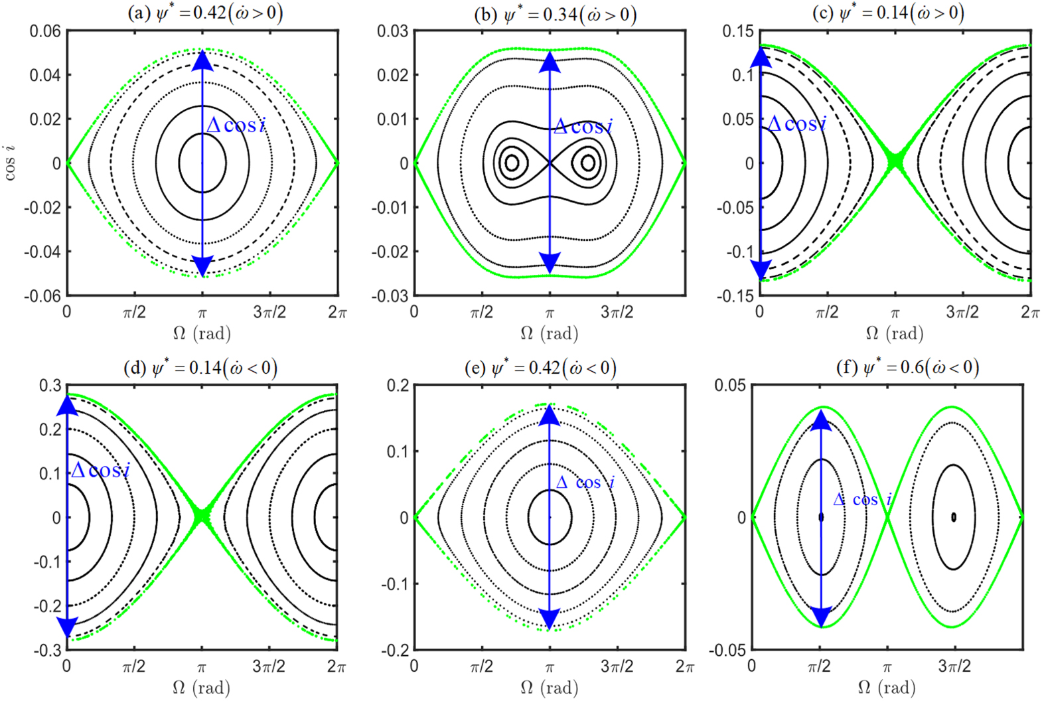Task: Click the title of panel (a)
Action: coord(204,13)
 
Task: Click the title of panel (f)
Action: coord(907,367)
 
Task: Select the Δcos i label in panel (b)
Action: coord(583,126)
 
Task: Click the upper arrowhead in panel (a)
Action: coord(202,60)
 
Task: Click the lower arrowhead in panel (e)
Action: coord(550,619)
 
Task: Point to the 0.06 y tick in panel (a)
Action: coord(44,31)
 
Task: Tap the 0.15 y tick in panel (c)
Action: coord(738,31)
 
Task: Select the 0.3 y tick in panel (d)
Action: coord(50,386)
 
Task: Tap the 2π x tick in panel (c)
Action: coord(1030,312)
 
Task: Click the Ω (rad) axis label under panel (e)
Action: coord(550,688)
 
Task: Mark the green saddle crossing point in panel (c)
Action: coord(895,161)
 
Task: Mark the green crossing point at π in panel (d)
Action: coord(202,516)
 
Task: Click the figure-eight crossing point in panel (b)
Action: coord(550,163)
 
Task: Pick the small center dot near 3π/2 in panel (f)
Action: coord(954,517)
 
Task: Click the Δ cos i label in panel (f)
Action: coord(862,500)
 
